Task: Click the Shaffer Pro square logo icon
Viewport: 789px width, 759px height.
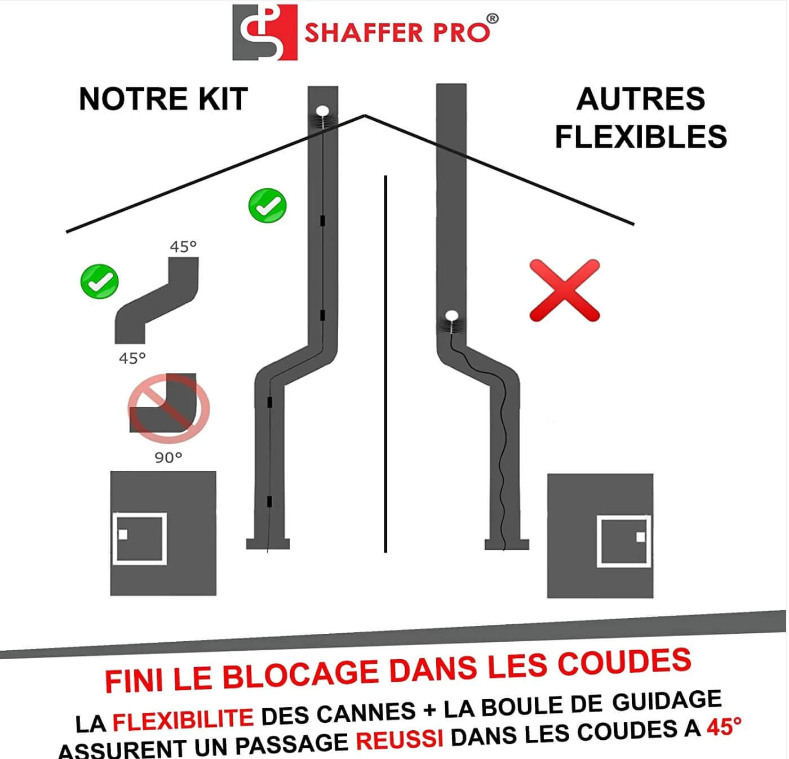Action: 265,33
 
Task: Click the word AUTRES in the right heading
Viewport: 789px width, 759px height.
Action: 641,99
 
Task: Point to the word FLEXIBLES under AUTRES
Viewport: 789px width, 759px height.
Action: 641,136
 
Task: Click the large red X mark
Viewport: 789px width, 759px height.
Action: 564,290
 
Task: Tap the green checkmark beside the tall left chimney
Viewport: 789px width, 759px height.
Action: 267,206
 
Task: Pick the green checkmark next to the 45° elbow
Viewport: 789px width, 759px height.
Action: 99,281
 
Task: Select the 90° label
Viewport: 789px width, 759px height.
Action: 169,457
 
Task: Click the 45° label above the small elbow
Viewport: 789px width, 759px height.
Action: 183,246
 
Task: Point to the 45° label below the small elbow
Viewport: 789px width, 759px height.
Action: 132,358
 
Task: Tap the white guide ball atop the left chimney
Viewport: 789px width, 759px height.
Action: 322,111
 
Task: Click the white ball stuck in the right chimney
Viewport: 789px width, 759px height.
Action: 451,315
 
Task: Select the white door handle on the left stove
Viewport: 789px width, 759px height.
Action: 123,534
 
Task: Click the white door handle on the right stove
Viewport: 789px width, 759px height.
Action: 641,537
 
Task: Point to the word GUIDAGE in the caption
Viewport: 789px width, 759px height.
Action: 667,700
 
